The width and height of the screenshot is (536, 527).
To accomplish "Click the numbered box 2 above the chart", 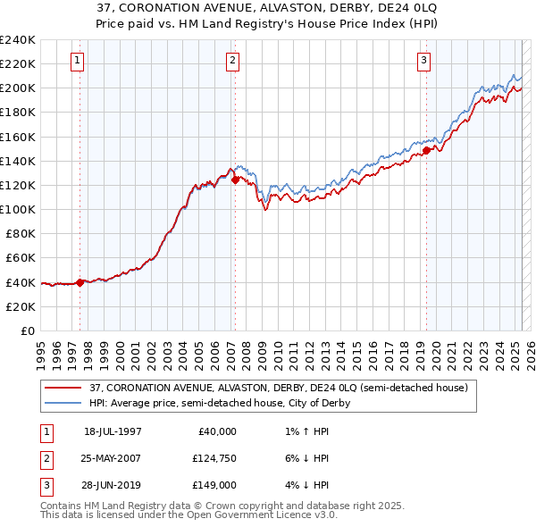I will (x=232, y=61).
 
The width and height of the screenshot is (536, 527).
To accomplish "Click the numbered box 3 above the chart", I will (x=423, y=61).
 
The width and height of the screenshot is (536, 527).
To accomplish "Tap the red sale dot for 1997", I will (x=80, y=282).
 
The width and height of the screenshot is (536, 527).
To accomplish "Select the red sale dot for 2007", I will (x=235, y=180).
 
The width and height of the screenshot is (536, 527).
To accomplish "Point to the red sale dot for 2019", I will (x=426, y=150).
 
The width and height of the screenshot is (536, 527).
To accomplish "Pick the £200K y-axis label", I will (x=18, y=88).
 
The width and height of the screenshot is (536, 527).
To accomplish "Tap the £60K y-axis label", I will (x=21, y=257).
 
